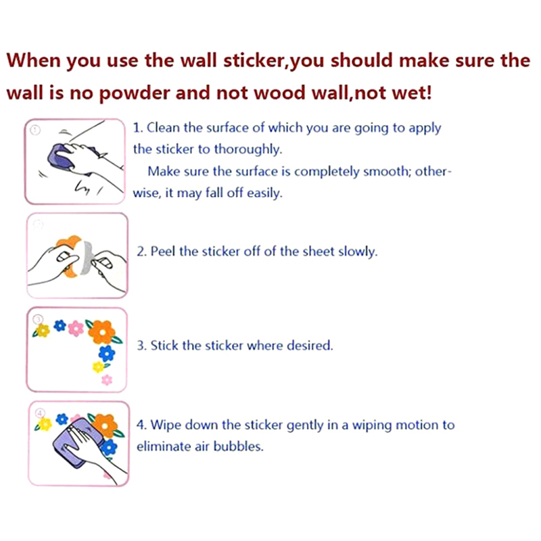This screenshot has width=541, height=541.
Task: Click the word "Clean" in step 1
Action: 163,128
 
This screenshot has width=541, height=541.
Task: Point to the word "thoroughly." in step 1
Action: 248,149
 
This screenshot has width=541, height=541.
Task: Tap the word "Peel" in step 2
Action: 163,251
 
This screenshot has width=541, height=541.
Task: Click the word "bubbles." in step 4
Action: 239,446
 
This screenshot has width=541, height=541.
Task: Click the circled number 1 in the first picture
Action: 35,130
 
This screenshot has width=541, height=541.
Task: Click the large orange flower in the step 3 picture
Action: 102,332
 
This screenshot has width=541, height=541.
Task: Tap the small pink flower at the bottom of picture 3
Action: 107,380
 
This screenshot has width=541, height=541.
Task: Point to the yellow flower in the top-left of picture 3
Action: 43,331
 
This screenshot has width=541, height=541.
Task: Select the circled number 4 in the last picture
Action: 41,413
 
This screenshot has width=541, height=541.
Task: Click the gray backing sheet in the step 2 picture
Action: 86,258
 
